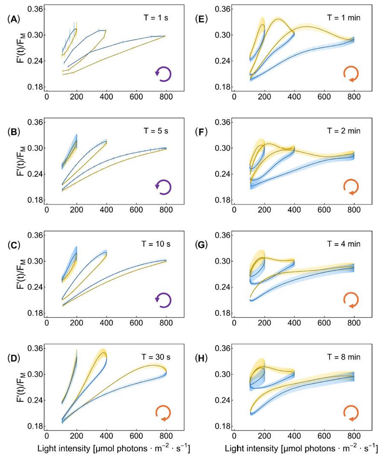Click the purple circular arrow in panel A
163,74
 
